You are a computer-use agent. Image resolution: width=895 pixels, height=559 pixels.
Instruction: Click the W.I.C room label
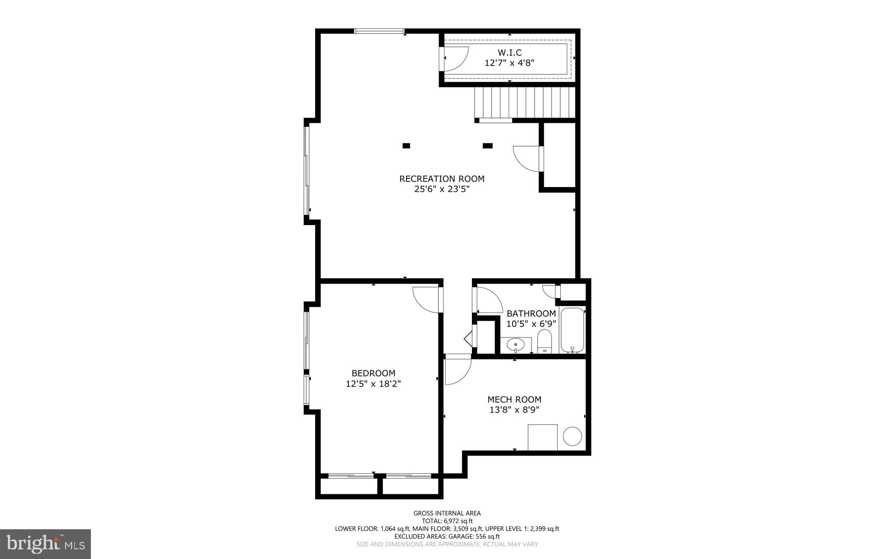point(510,53)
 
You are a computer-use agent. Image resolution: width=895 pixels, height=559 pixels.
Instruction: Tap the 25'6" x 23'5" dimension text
point(442,189)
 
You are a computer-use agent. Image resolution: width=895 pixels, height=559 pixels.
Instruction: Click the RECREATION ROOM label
point(442,179)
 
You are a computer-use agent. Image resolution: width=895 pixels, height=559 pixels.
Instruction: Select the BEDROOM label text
point(373,373)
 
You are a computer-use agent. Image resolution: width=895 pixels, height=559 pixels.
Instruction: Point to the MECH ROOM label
point(514,399)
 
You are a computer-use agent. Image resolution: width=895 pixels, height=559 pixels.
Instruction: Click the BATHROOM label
point(531,313)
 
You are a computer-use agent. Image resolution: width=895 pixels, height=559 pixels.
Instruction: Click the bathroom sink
point(516,345)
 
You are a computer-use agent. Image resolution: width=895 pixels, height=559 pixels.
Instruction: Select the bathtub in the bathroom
point(572,330)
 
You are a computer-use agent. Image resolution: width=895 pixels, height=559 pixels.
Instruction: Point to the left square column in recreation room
point(406,146)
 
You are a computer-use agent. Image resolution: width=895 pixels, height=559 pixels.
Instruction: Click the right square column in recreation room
point(488,146)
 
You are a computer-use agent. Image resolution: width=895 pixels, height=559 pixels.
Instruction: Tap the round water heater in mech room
point(572,436)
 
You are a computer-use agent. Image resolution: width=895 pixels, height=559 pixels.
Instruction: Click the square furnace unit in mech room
point(542,437)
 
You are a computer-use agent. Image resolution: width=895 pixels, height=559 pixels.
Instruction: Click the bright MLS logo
point(45,544)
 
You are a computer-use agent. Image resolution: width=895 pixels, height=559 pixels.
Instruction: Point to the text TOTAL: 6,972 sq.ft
point(447,521)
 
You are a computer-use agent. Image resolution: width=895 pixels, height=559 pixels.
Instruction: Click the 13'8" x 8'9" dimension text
point(514,410)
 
